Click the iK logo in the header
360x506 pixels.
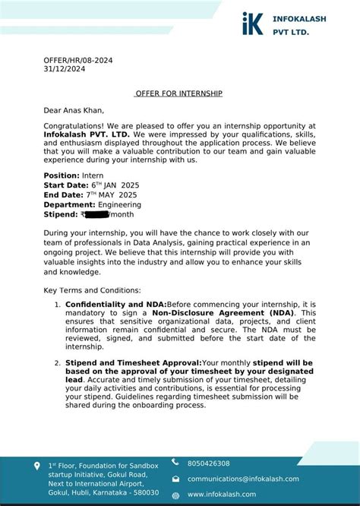[x=254, y=24]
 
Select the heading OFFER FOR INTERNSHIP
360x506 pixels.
[x=179, y=93]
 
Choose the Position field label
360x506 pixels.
[x=62, y=176]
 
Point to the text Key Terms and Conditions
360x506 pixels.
[x=92, y=290]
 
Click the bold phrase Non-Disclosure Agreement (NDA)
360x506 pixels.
[x=233, y=313]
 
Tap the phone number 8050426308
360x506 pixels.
[x=208, y=463]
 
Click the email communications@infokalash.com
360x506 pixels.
[x=243, y=479]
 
